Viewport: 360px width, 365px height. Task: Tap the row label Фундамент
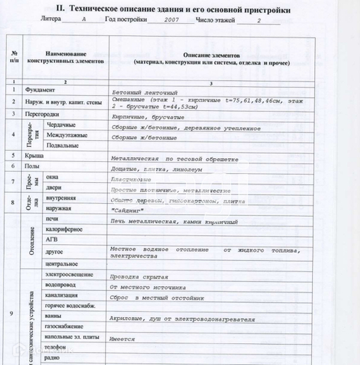[x=39, y=90]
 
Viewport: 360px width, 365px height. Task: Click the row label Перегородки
[x=42, y=114]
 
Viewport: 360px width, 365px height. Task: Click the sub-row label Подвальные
[x=62, y=146]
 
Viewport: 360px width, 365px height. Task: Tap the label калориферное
[x=63, y=229]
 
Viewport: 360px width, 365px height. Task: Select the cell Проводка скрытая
[x=138, y=276]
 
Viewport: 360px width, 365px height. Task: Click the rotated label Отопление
[x=32, y=240]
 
